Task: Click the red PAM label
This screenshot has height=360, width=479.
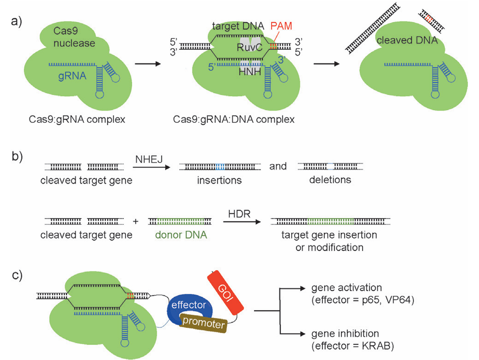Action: coord(281,26)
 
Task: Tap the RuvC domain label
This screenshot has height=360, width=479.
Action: coord(249,47)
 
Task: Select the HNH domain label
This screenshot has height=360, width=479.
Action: coord(250,71)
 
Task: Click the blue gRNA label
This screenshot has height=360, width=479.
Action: coord(72,76)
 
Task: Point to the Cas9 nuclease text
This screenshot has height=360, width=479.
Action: coord(74,37)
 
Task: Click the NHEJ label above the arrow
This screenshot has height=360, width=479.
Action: coord(149,159)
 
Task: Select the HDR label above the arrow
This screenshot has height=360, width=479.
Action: coord(239,214)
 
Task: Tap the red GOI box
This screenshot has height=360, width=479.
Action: coord(226,292)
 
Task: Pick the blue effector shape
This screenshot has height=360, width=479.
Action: coord(189,305)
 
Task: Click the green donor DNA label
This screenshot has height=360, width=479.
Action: coord(181,235)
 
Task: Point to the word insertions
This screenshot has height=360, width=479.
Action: coord(219,180)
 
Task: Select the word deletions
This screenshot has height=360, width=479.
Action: coord(330,180)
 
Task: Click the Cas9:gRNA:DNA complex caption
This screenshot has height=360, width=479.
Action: coord(233,119)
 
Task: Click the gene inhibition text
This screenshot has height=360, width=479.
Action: coord(345,333)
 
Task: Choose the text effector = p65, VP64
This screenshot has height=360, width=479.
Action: coord(363,300)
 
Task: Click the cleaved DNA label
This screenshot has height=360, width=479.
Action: coord(407,40)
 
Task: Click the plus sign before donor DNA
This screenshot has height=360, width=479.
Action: coord(135,221)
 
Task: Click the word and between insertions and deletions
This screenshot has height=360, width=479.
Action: coord(278,166)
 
